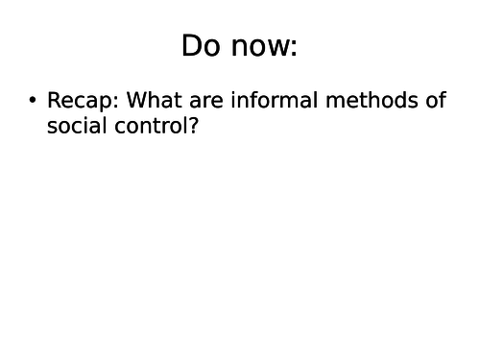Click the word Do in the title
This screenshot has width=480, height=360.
201,46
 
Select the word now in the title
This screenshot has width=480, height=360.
257,46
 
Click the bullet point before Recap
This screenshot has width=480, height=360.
33,101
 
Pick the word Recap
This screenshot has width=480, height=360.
79,101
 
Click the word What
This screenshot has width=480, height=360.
154,101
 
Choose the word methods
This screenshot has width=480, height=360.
362,101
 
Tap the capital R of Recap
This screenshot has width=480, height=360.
54,101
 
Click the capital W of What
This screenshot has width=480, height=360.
137,101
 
